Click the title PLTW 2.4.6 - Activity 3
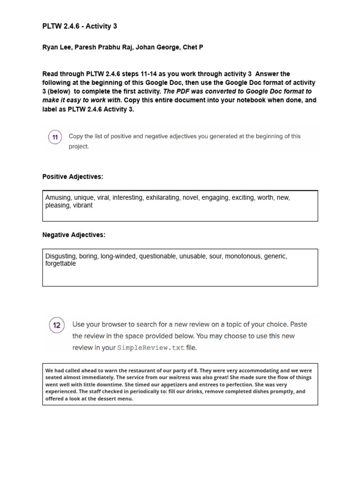[x=80, y=26]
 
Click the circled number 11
[x=55, y=137]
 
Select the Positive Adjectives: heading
[x=73, y=177]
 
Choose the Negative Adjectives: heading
[x=74, y=235]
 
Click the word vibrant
[x=82, y=205]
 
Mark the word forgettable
[x=60, y=263]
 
